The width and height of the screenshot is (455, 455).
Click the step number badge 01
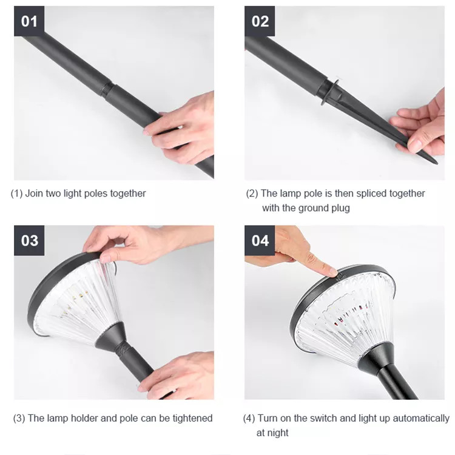[x=29, y=21]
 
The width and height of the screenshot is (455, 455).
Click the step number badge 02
[x=260, y=21]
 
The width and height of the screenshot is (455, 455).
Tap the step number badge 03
[x=29, y=241]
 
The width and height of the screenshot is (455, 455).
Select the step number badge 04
[x=260, y=241]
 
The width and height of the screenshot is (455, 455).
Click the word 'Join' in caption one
[x=34, y=194]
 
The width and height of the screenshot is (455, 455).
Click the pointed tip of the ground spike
[x=437, y=163]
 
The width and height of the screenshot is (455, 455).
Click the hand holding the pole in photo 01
[x=181, y=127]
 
